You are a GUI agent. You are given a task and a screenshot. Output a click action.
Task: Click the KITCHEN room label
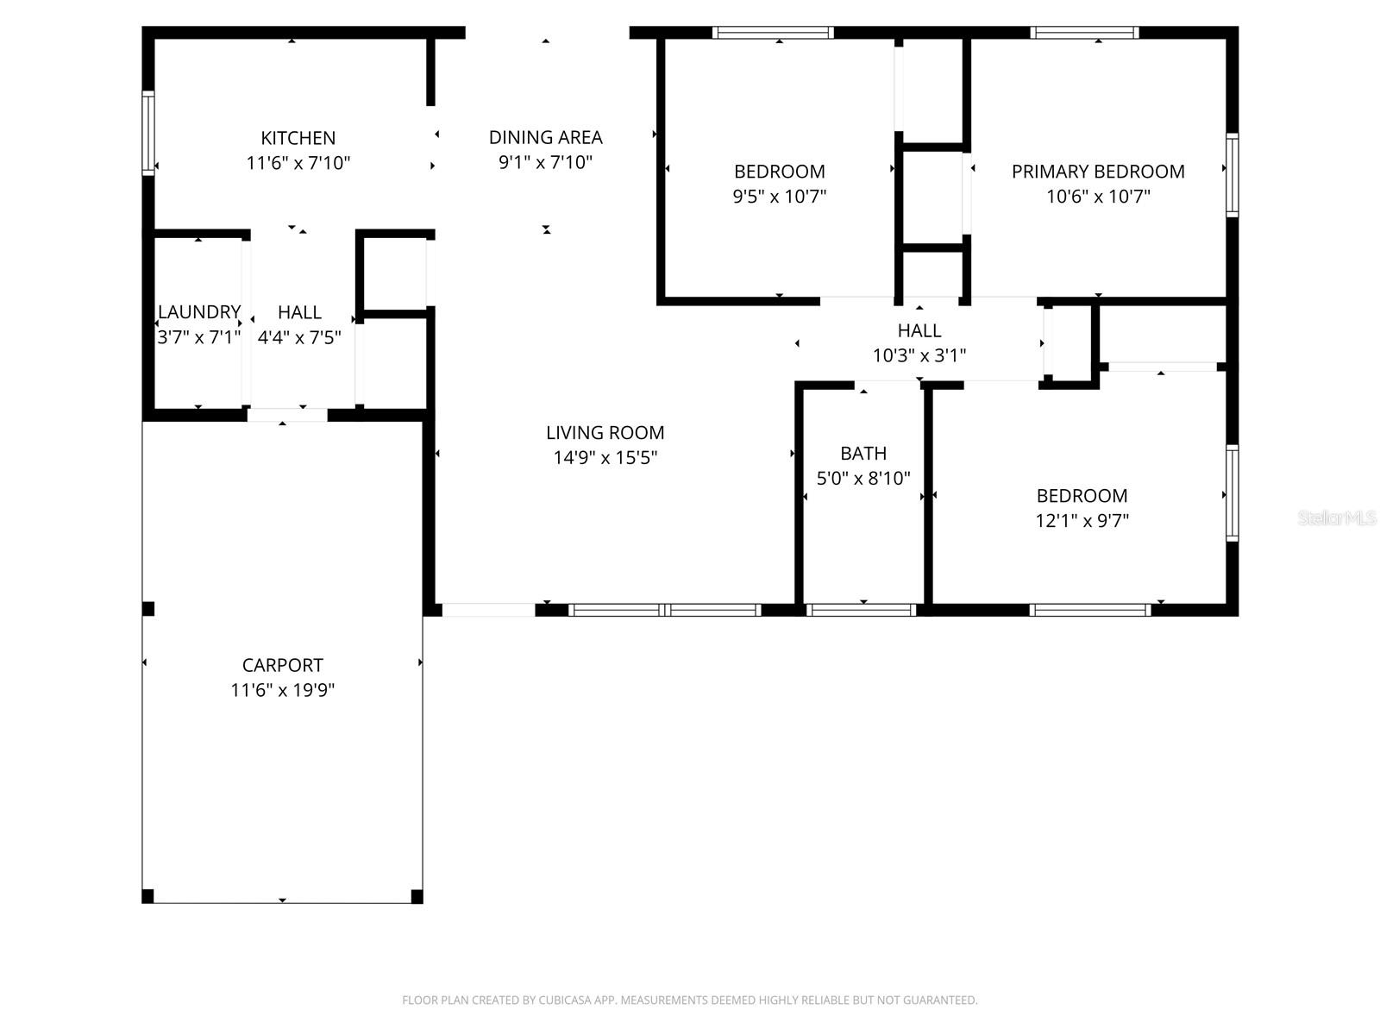[298, 138]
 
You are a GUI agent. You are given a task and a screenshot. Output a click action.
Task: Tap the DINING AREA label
[545, 137]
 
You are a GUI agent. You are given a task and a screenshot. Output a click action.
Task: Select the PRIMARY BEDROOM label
[1098, 171]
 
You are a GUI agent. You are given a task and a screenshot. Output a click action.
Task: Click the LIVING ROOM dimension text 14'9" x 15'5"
[605, 457]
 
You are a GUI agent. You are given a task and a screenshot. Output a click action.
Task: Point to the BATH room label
[863, 453]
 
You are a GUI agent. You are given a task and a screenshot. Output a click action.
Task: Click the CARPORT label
[282, 665]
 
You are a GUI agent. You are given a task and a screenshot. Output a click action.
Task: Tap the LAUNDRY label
[198, 311]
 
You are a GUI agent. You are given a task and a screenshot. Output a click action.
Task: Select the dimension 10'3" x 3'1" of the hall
[919, 354]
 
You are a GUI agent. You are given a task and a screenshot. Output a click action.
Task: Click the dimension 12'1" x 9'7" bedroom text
[1082, 520]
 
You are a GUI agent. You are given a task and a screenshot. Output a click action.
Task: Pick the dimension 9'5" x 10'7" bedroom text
[779, 196]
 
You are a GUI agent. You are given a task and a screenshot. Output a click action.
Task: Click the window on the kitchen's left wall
[148, 134]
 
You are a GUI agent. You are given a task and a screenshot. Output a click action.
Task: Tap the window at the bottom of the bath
[862, 610]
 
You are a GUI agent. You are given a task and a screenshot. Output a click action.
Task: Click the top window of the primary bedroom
[1084, 33]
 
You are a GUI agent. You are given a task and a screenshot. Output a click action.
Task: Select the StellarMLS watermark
[1336, 518]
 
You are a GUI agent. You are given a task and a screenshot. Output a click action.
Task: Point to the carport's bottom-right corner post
[417, 896]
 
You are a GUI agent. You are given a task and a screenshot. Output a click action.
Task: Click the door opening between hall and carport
[286, 415]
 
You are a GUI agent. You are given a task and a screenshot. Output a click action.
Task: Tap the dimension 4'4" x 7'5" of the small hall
[299, 337]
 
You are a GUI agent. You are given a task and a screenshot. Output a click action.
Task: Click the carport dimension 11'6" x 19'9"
[282, 690]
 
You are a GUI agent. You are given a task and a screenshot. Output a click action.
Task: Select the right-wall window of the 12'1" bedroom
[1233, 493]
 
